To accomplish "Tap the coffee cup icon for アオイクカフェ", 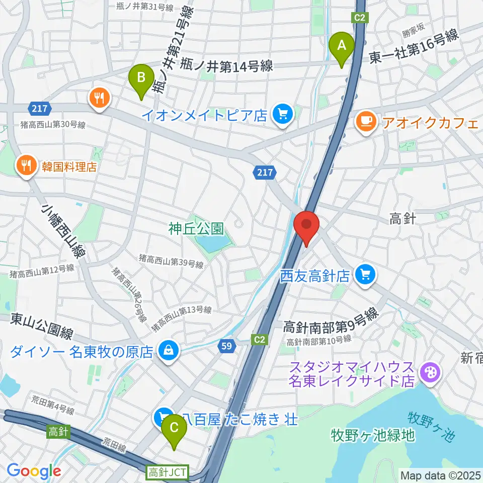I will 366,121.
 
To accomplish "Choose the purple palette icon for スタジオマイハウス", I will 431,374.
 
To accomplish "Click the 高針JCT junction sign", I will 168,472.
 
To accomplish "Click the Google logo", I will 34,471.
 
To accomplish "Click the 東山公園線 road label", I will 43,334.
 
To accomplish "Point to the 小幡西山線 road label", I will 63,232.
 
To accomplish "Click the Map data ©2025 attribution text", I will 440,475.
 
